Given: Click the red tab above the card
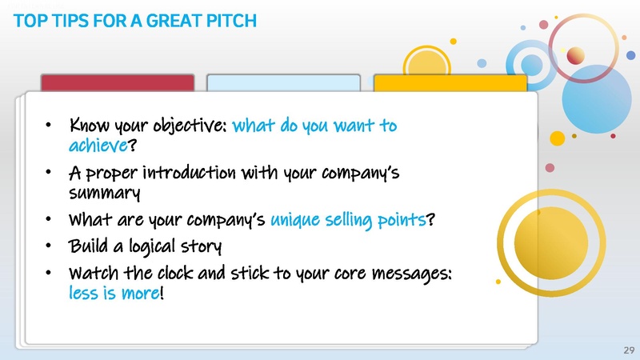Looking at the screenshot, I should coord(118,82).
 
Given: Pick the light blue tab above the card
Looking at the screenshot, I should coord(283,82).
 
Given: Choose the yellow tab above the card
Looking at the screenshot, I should coord(450,82).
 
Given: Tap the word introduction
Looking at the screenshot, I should coord(195,173).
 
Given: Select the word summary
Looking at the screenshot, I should coord(106,192).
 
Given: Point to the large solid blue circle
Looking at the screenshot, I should coord(598,94).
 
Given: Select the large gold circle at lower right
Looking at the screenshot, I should coord(546,238).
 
